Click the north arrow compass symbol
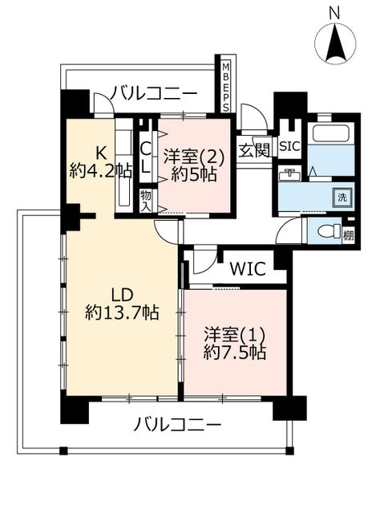pos(335,43)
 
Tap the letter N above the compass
pos(334,14)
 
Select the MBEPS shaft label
pos(225,88)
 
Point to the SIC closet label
pos(289,146)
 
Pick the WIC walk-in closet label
pos(248,269)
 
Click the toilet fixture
pos(330,230)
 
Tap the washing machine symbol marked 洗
pos(342,198)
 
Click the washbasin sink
pos(289,173)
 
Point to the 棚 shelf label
pos(348,235)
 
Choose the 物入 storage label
pos(146,202)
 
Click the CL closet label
pos(146,159)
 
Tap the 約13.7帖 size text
pos(123,312)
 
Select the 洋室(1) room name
pos(235,335)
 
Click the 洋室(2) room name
pos(194,157)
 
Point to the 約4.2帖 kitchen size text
pos(101,171)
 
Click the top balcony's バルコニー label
pos(153,93)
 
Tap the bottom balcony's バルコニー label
pos(178,426)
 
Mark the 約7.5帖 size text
pos(235,353)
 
